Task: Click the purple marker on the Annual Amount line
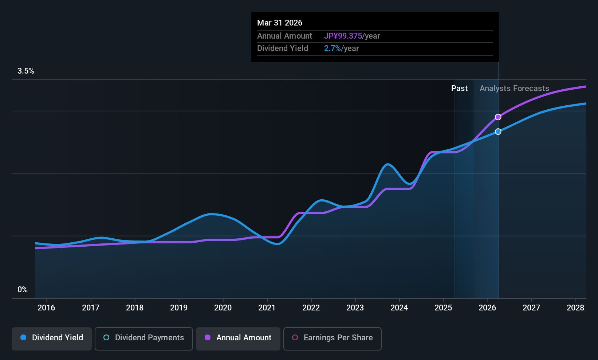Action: point(498,117)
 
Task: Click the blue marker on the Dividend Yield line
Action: point(498,132)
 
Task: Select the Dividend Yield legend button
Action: point(52,338)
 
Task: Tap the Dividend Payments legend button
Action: point(143,338)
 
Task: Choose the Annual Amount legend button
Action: point(238,338)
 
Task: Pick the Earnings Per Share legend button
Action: point(332,338)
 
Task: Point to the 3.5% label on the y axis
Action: point(25,71)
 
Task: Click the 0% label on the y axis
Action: point(22,290)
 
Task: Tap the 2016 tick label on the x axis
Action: point(46,308)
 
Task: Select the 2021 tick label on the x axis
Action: point(267,308)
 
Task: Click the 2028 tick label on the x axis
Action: point(575,308)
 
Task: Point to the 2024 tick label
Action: point(399,308)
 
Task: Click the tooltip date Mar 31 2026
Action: point(280,23)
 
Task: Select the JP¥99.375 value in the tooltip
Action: point(343,36)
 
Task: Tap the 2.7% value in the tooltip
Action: point(333,48)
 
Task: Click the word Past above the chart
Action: point(459,89)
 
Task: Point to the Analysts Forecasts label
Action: point(514,89)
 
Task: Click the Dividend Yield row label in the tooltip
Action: point(283,48)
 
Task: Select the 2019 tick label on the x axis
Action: point(179,308)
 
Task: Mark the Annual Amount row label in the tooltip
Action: point(284,36)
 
